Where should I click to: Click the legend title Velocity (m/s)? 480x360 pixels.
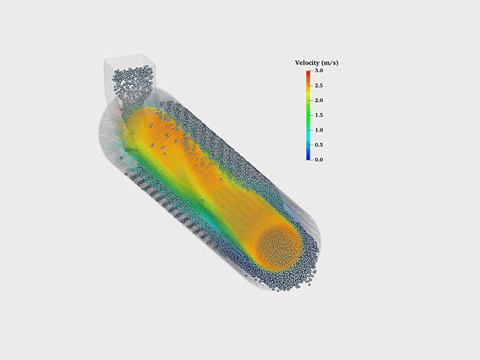(x=316, y=63)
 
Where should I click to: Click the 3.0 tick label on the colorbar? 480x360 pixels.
(x=319, y=70)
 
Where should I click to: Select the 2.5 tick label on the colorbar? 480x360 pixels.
(x=319, y=85)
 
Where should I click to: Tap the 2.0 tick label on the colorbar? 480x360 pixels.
(x=319, y=100)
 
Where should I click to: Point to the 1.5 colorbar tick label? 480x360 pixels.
(x=319, y=115)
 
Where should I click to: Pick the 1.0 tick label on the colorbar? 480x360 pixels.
(x=319, y=130)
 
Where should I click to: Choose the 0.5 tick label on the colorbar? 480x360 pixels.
(x=319, y=145)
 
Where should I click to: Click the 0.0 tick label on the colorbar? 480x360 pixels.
(x=319, y=160)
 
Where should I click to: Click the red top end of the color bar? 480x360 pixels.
(x=308, y=72)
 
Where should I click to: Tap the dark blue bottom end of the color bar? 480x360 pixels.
(x=308, y=158)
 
